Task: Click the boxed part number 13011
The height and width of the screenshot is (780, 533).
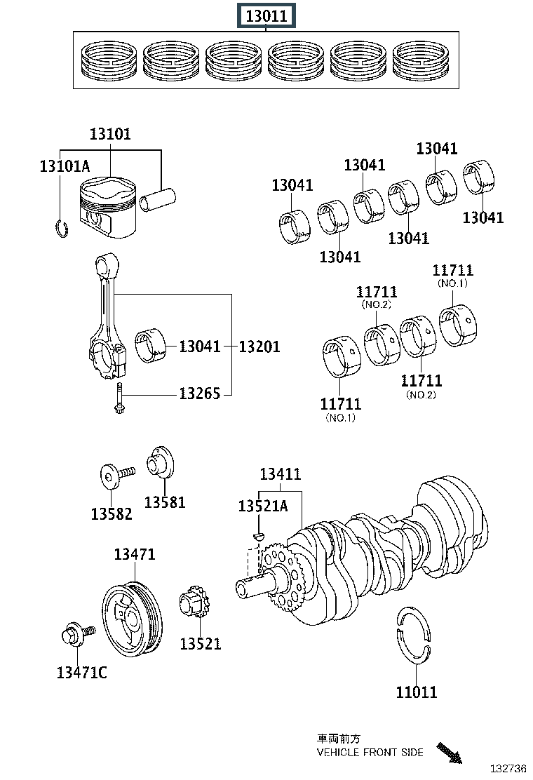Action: (266, 15)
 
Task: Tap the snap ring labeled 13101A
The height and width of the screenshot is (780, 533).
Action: (61, 229)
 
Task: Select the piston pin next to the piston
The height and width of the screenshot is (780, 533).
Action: (157, 199)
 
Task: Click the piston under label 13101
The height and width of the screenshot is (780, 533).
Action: (108, 207)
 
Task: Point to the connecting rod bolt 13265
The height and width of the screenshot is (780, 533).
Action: (119, 398)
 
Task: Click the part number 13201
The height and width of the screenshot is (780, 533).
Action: (259, 347)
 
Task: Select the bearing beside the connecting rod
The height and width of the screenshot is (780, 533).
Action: (151, 345)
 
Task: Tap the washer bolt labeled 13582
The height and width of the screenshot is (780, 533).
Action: (117, 476)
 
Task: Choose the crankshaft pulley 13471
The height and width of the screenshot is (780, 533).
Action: (133, 619)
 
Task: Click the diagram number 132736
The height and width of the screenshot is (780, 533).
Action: (508, 769)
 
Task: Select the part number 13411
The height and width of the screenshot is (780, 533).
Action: (281, 473)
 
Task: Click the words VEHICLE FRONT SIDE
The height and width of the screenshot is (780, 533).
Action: (370, 752)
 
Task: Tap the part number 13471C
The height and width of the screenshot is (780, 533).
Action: (81, 672)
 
